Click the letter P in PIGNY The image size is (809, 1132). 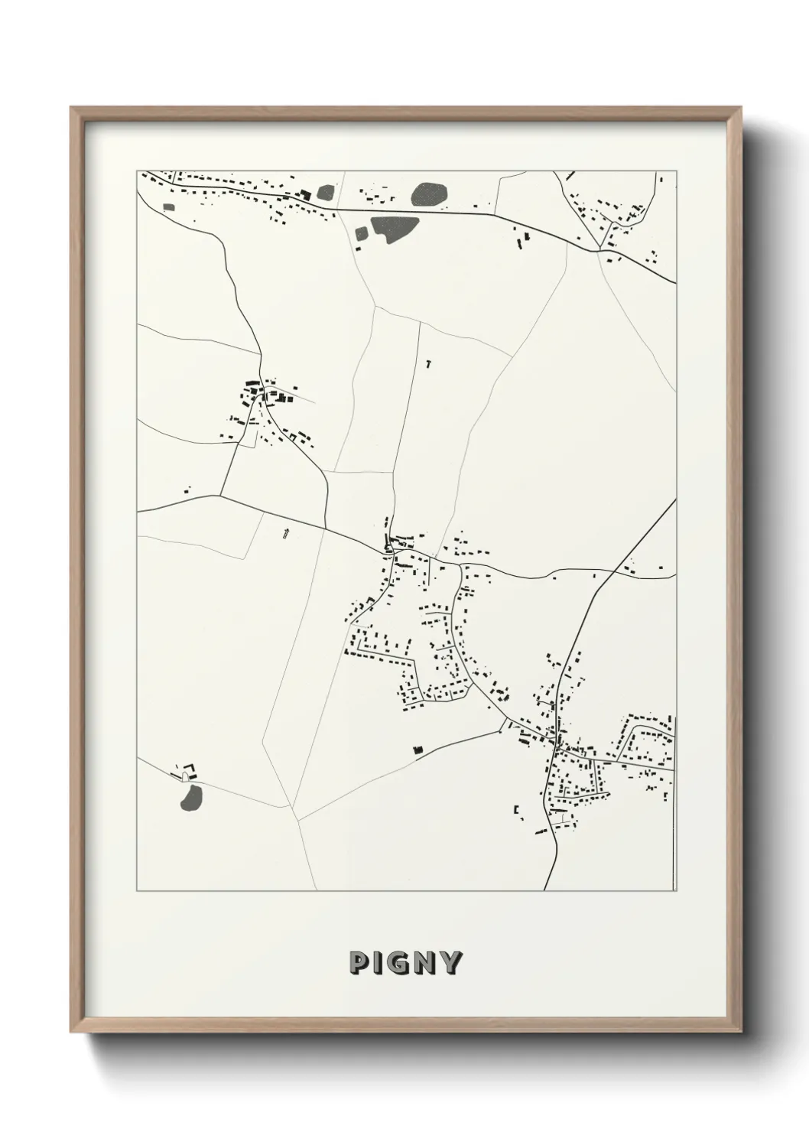point(359,963)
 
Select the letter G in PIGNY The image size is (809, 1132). point(403,963)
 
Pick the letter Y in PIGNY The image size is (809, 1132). point(451,963)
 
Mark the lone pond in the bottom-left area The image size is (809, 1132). point(191,797)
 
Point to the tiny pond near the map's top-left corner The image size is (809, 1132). point(169,206)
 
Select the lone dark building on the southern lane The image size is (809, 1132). point(417,750)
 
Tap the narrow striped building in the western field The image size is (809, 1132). point(286,533)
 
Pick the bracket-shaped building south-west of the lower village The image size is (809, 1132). point(518,809)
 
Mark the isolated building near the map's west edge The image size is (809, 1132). point(187,489)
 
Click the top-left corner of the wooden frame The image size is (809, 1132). point(72,109)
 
